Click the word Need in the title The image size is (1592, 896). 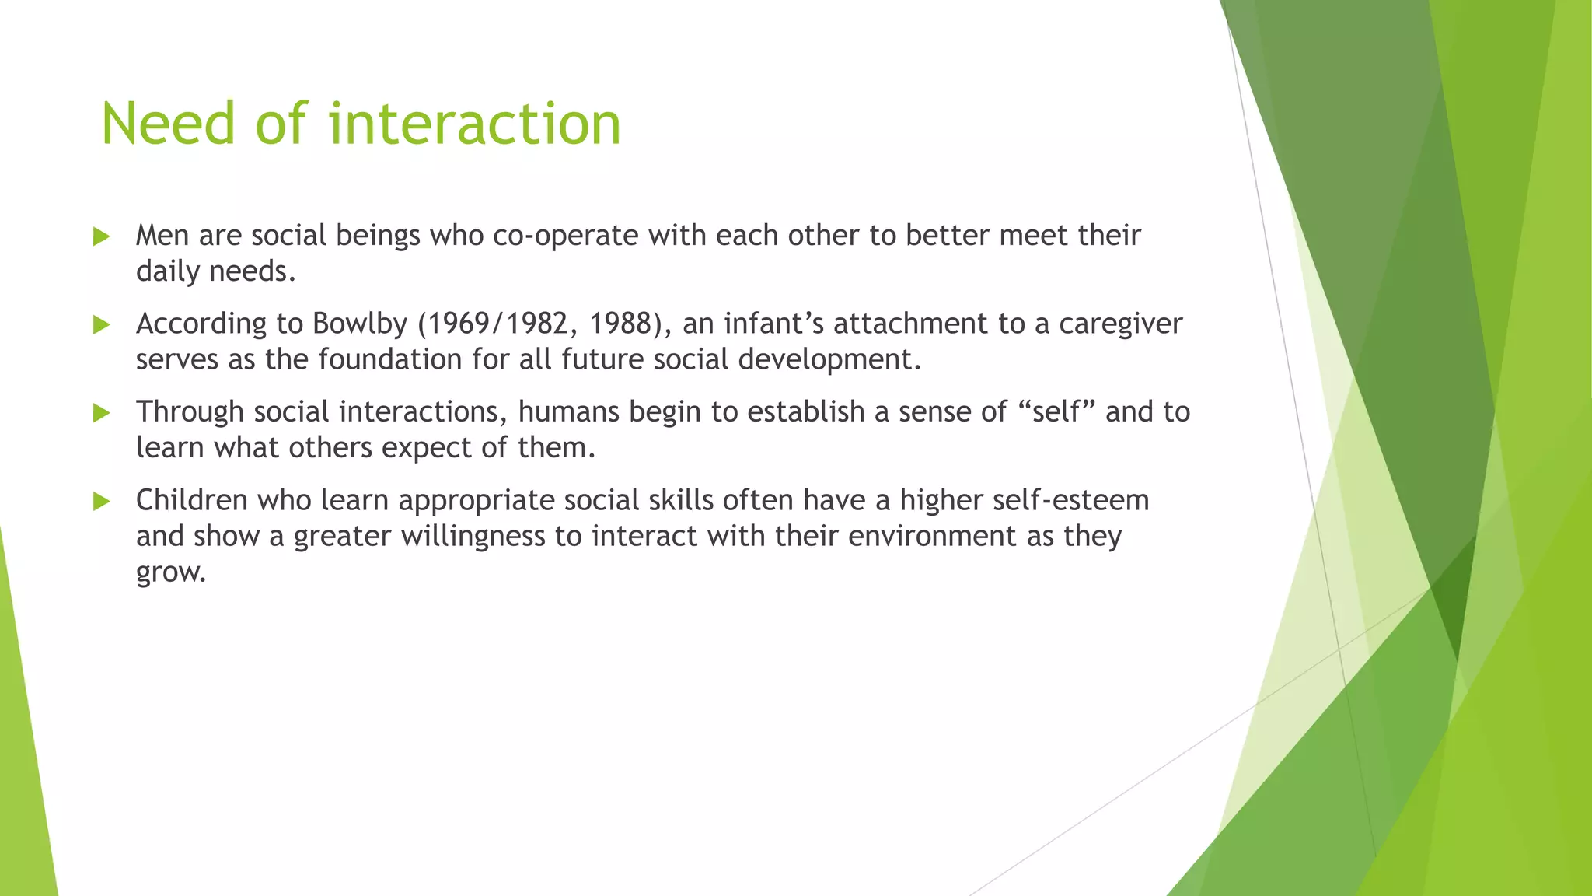pyautogui.click(x=168, y=124)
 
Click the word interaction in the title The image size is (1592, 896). pyautogui.click(x=474, y=124)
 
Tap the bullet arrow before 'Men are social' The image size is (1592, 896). pyautogui.click(x=101, y=236)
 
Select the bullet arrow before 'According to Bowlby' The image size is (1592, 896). pyautogui.click(x=101, y=324)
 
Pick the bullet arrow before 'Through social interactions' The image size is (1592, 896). pyautogui.click(x=101, y=413)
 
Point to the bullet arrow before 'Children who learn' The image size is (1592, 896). pyautogui.click(x=101, y=501)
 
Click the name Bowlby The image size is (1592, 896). pyautogui.click(x=359, y=324)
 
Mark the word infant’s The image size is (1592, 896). pyautogui.click(x=773, y=324)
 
